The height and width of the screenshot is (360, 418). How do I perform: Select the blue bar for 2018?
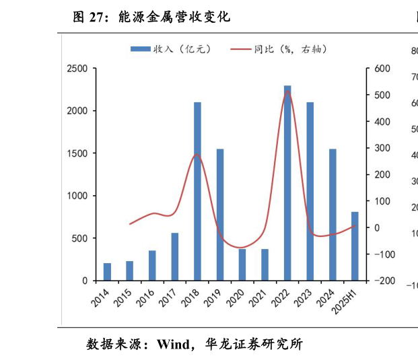(197, 192)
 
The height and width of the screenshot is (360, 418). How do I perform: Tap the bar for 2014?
(107, 272)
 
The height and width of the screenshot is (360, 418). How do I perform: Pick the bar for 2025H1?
(355, 246)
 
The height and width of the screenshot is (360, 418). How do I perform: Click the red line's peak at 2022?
(287, 91)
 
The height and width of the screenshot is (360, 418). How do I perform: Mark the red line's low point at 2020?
(242, 248)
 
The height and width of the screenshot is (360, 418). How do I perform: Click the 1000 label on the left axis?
(77, 196)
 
